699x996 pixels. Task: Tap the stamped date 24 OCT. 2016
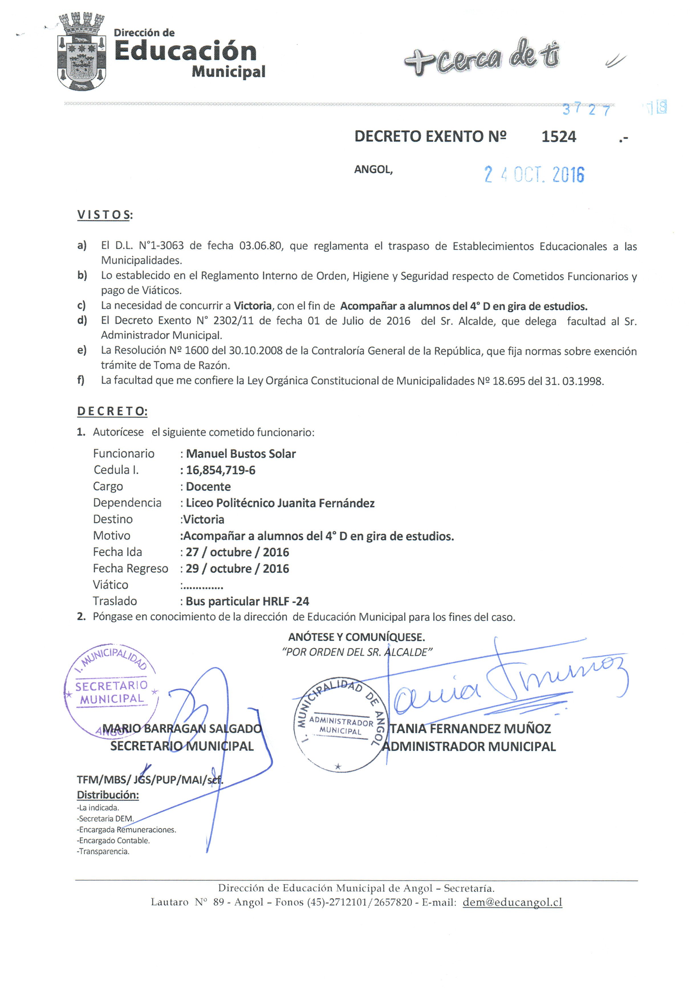click(x=534, y=175)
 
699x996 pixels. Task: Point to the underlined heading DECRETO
click(x=112, y=411)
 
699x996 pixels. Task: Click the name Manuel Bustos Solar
click(x=241, y=454)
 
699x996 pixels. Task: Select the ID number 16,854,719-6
click(x=220, y=470)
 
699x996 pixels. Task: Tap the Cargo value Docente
click(x=208, y=487)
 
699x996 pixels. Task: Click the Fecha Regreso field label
click(x=130, y=568)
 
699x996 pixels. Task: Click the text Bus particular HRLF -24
click(x=247, y=601)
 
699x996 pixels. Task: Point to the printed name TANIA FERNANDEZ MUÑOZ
click(x=470, y=729)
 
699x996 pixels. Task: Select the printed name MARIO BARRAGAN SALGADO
click(x=182, y=729)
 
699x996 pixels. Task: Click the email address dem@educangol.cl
click(x=512, y=902)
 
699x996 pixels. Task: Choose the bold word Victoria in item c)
click(x=253, y=306)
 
